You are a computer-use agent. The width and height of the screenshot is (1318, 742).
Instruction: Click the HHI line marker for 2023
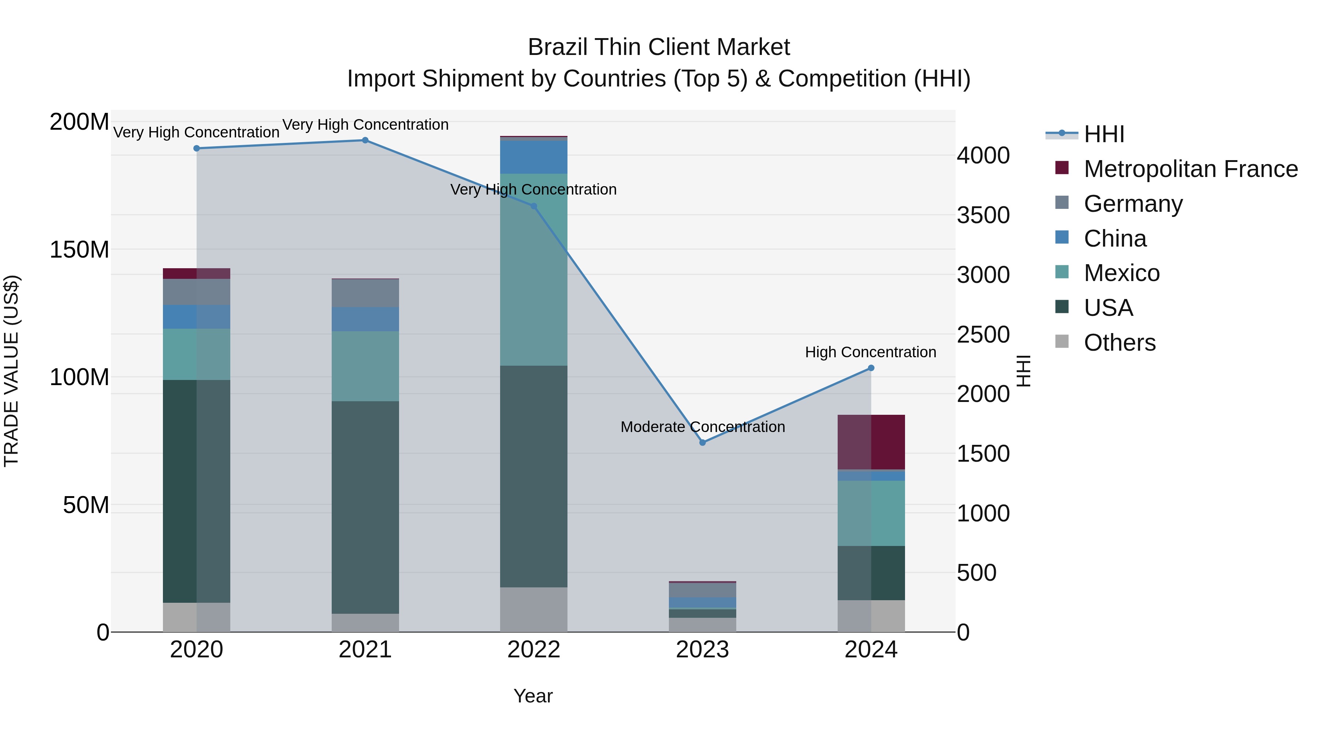tap(703, 442)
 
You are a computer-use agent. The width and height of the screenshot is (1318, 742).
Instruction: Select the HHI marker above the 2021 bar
tap(365, 140)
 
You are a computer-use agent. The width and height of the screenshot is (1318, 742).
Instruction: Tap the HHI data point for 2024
tap(871, 368)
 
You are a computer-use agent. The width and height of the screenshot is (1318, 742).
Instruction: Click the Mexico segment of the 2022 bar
tap(534, 270)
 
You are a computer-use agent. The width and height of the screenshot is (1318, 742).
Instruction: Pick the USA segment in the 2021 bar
tap(365, 507)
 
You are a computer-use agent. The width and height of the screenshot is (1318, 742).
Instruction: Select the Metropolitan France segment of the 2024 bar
tap(871, 442)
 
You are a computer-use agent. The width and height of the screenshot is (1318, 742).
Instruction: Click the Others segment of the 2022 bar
tap(534, 609)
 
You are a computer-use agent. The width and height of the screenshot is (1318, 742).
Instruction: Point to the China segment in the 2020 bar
tap(197, 317)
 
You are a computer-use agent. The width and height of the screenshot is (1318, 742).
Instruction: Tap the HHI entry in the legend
tap(1103, 134)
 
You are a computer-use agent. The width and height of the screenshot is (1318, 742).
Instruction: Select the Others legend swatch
tap(1062, 342)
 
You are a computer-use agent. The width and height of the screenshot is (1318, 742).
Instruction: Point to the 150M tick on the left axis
tap(79, 250)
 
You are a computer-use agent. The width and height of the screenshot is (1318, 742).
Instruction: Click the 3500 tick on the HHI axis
tap(983, 215)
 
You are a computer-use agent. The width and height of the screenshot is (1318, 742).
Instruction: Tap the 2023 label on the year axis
tap(703, 650)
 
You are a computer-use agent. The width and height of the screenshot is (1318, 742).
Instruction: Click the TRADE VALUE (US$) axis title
tap(12, 371)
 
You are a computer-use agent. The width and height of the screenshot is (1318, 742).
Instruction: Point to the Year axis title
tap(533, 696)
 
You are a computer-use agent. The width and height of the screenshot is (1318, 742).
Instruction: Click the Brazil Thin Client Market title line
tap(659, 47)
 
